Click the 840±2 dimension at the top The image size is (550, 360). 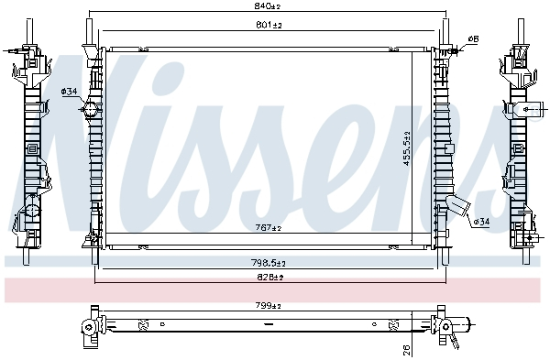(x=268, y=7)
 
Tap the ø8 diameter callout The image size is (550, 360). (x=474, y=38)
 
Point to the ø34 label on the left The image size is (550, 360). (x=69, y=91)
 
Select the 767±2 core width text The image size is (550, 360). (x=268, y=227)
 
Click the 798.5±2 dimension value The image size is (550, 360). (x=268, y=263)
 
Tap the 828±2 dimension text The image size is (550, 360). (x=268, y=276)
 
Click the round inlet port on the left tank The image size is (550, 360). (x=91, y=111)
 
